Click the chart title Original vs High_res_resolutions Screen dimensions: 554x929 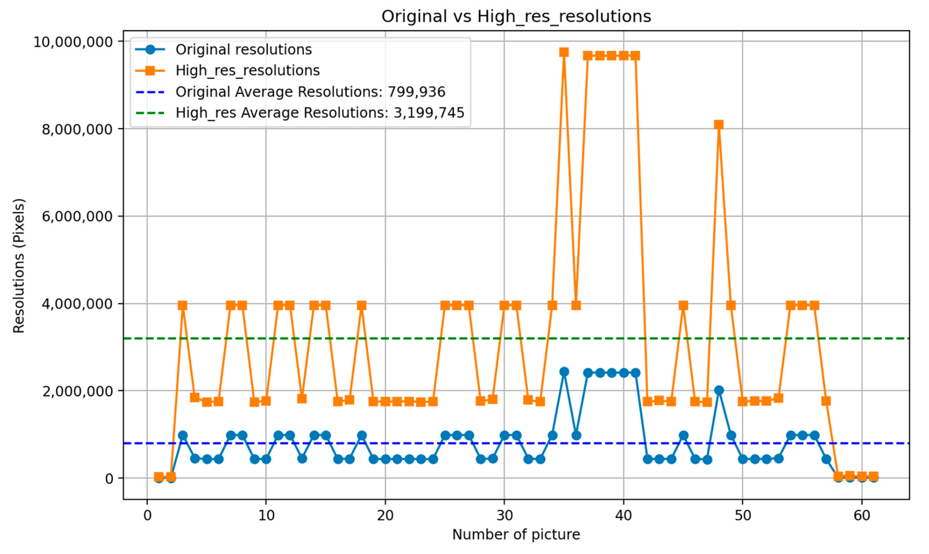pyautogui.click(x=516, y=17)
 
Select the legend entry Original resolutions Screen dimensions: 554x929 pyautogui.click(x=243, y=50)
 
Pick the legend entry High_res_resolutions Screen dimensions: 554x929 pyautogui.click(x=247, y=70)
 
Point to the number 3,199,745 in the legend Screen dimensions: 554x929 pyautogui.click(x=429, y=113)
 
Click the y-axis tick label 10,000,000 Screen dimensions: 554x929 pyautogui.click(x=73, y=42)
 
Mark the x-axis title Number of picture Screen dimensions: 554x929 pyautogui.click(x=516, y=535)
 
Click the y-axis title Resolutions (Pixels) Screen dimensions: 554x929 pyautogui.click(x=19, y=266)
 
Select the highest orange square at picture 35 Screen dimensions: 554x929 pyautogui.click(x=564, y=52)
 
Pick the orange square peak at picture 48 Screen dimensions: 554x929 pyautogui.click(x=719, y=125)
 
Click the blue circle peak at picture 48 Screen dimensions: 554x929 pyautogui.click(x=719, y=390)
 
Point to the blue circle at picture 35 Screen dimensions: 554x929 pyautogui.click(x=564, y=372)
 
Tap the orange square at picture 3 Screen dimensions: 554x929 pyautogui.click(x=183, y=306)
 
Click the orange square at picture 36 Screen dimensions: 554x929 pyautogui.click(x=576, y=306)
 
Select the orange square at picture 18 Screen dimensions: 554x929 pyautogui.click(x=361, y=306)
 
